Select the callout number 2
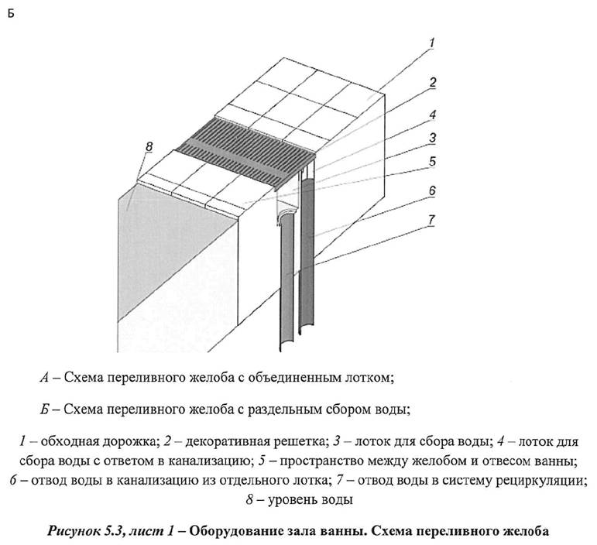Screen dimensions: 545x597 (433, 82)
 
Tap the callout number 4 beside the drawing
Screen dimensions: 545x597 (433, 114)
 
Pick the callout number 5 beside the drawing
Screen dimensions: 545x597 (433, 162)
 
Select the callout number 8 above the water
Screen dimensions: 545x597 (139, 146)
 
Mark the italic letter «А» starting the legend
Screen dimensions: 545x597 (45, 378)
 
